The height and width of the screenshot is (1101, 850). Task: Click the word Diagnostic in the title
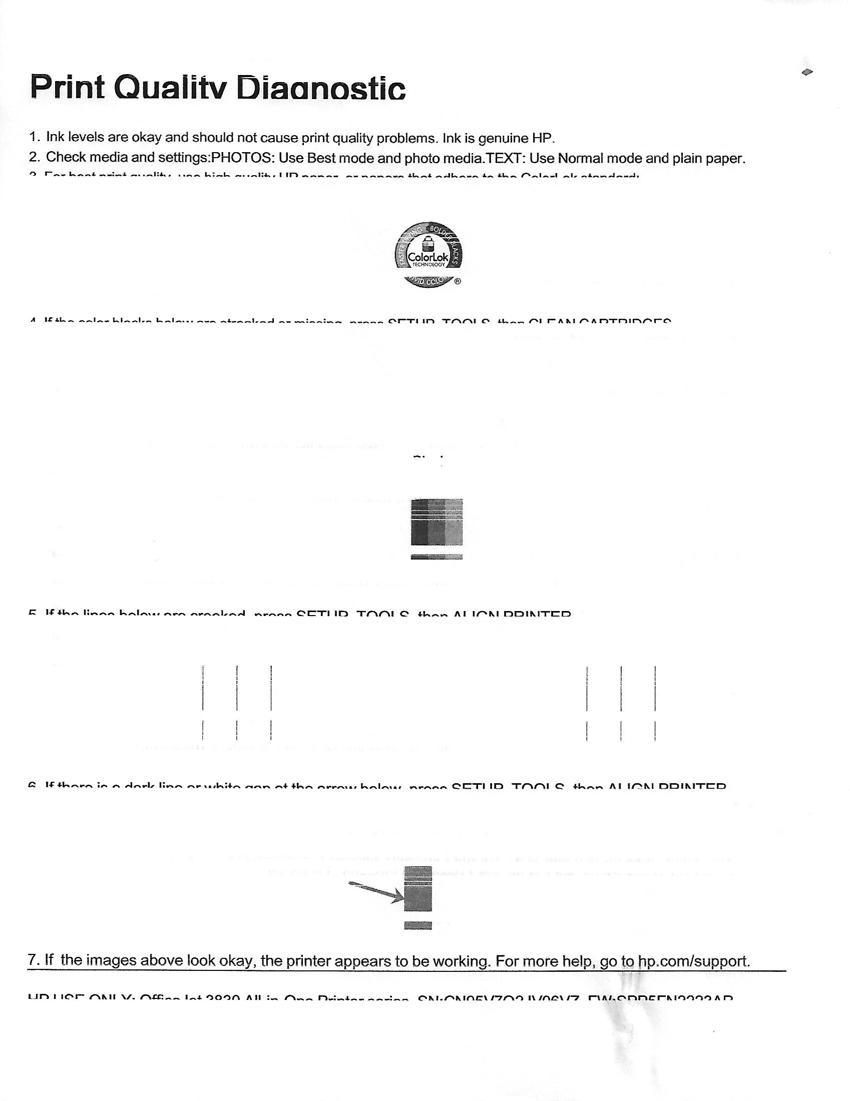coord(321,89)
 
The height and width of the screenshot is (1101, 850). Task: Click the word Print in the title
coord(67,87)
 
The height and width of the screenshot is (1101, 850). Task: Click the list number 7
coord(33,959)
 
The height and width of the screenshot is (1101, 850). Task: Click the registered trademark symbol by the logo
coord(457,281)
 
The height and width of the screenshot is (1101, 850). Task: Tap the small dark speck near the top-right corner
coord(807,72)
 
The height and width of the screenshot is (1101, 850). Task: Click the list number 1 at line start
coord(33,137)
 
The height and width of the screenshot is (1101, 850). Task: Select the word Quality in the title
coord(170,89)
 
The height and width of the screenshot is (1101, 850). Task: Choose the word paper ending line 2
coord(726,158)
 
